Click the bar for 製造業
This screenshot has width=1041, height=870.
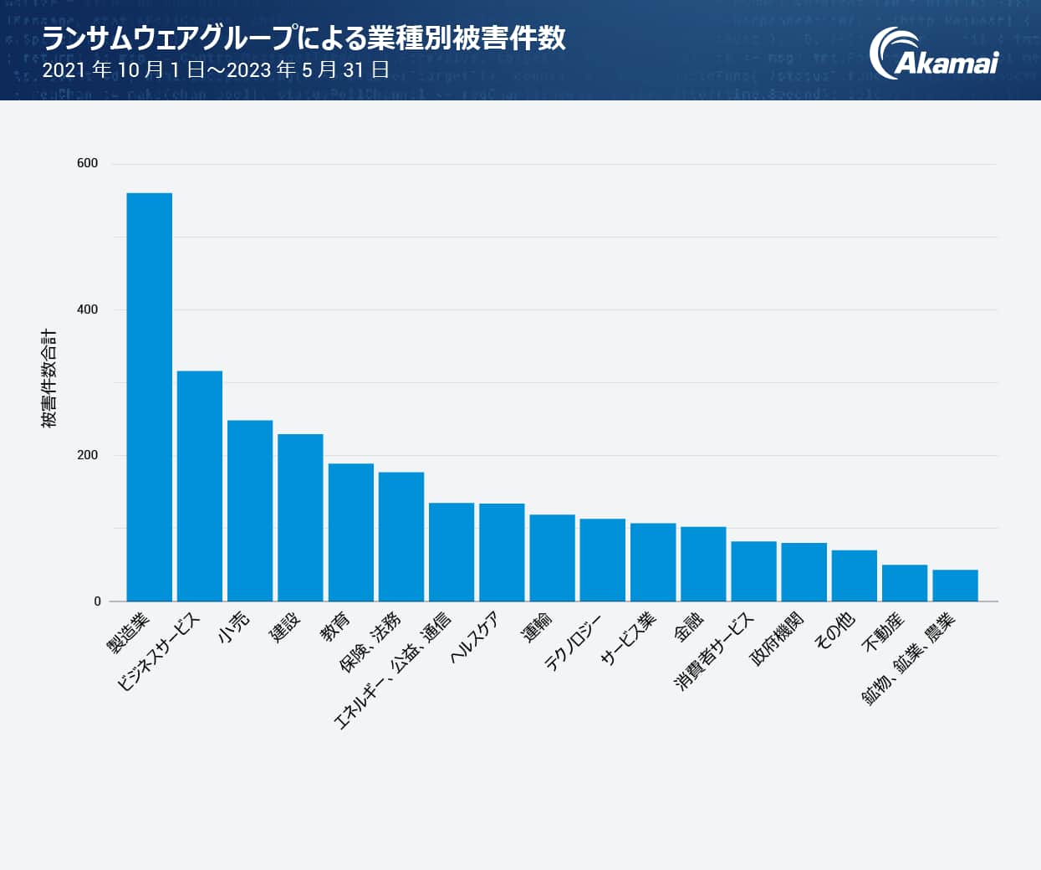tap(149, 397)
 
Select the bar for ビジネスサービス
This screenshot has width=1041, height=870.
tap(200, 486)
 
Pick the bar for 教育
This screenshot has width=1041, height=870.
tap(350, 532)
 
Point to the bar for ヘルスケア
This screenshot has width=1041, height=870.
tap(502, 552)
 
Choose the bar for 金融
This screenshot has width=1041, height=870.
tap(703, 564)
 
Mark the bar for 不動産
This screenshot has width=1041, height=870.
tap(905, 583)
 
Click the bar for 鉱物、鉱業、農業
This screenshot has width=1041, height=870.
tap(955, 586)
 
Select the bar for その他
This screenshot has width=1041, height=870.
tap(854, 576)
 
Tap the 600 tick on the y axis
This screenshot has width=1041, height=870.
tap(87, 163)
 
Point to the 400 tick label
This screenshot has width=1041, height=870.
tap(87, 310)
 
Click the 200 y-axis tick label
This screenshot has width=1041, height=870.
tap(87, 455)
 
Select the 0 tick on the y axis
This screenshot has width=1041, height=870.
tap(97, 601)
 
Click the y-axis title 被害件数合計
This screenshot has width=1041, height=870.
tap(49, 378)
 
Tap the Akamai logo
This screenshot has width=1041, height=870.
tap(933, 54)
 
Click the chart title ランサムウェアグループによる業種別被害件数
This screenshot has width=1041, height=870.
tap(304, 38)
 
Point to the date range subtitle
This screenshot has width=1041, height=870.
tap(216, 70)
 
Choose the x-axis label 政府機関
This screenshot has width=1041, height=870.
tap(777, 638)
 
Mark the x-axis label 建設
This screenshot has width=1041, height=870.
tap(284, 627)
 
